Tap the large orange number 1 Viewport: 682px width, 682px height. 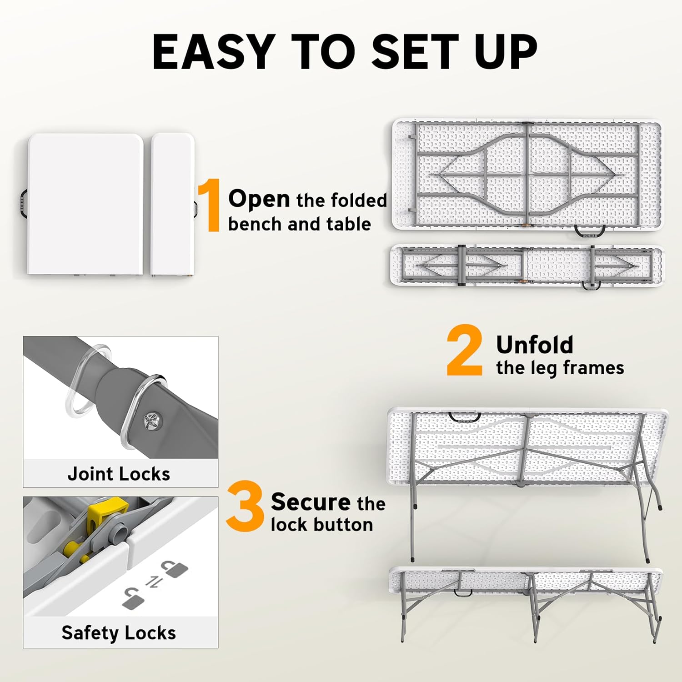(x=209, y=206)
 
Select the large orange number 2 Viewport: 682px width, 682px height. (x=465, y=351)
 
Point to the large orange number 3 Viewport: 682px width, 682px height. (x=245, y=506)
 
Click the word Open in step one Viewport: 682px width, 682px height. (x=259, y=200)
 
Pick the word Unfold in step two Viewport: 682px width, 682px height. (x=535, y=345)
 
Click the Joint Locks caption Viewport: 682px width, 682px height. (x=119, y=474)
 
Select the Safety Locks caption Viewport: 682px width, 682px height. (x=119, y=633)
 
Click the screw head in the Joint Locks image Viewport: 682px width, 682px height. (x=151, y=421)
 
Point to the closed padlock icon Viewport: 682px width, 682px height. (x=175, y=569)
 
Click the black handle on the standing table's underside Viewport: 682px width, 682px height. (x=464, y=417)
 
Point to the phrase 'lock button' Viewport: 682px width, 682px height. (x=322, y=525)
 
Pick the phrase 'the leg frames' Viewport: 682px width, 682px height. (x=560, y=368)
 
